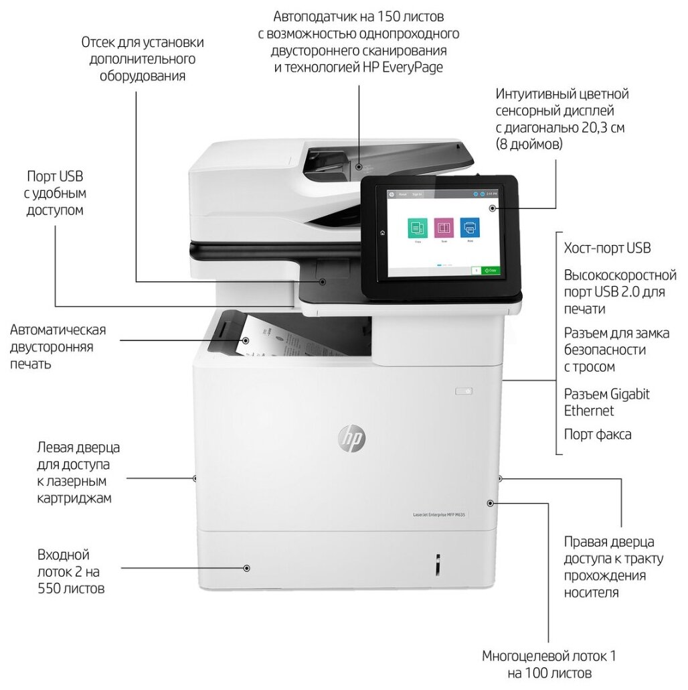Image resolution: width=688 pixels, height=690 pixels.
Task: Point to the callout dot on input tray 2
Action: coord(247,567)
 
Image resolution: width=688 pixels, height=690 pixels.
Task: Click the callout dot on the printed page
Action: coord(246,340)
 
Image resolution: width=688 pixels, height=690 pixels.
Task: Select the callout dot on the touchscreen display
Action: coord(493,208)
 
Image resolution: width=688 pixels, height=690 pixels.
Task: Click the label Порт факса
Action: coord(598,434)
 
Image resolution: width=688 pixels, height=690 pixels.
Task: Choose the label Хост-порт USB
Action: coord(607,249)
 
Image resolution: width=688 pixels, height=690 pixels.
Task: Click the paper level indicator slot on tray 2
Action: coord(438,564)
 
